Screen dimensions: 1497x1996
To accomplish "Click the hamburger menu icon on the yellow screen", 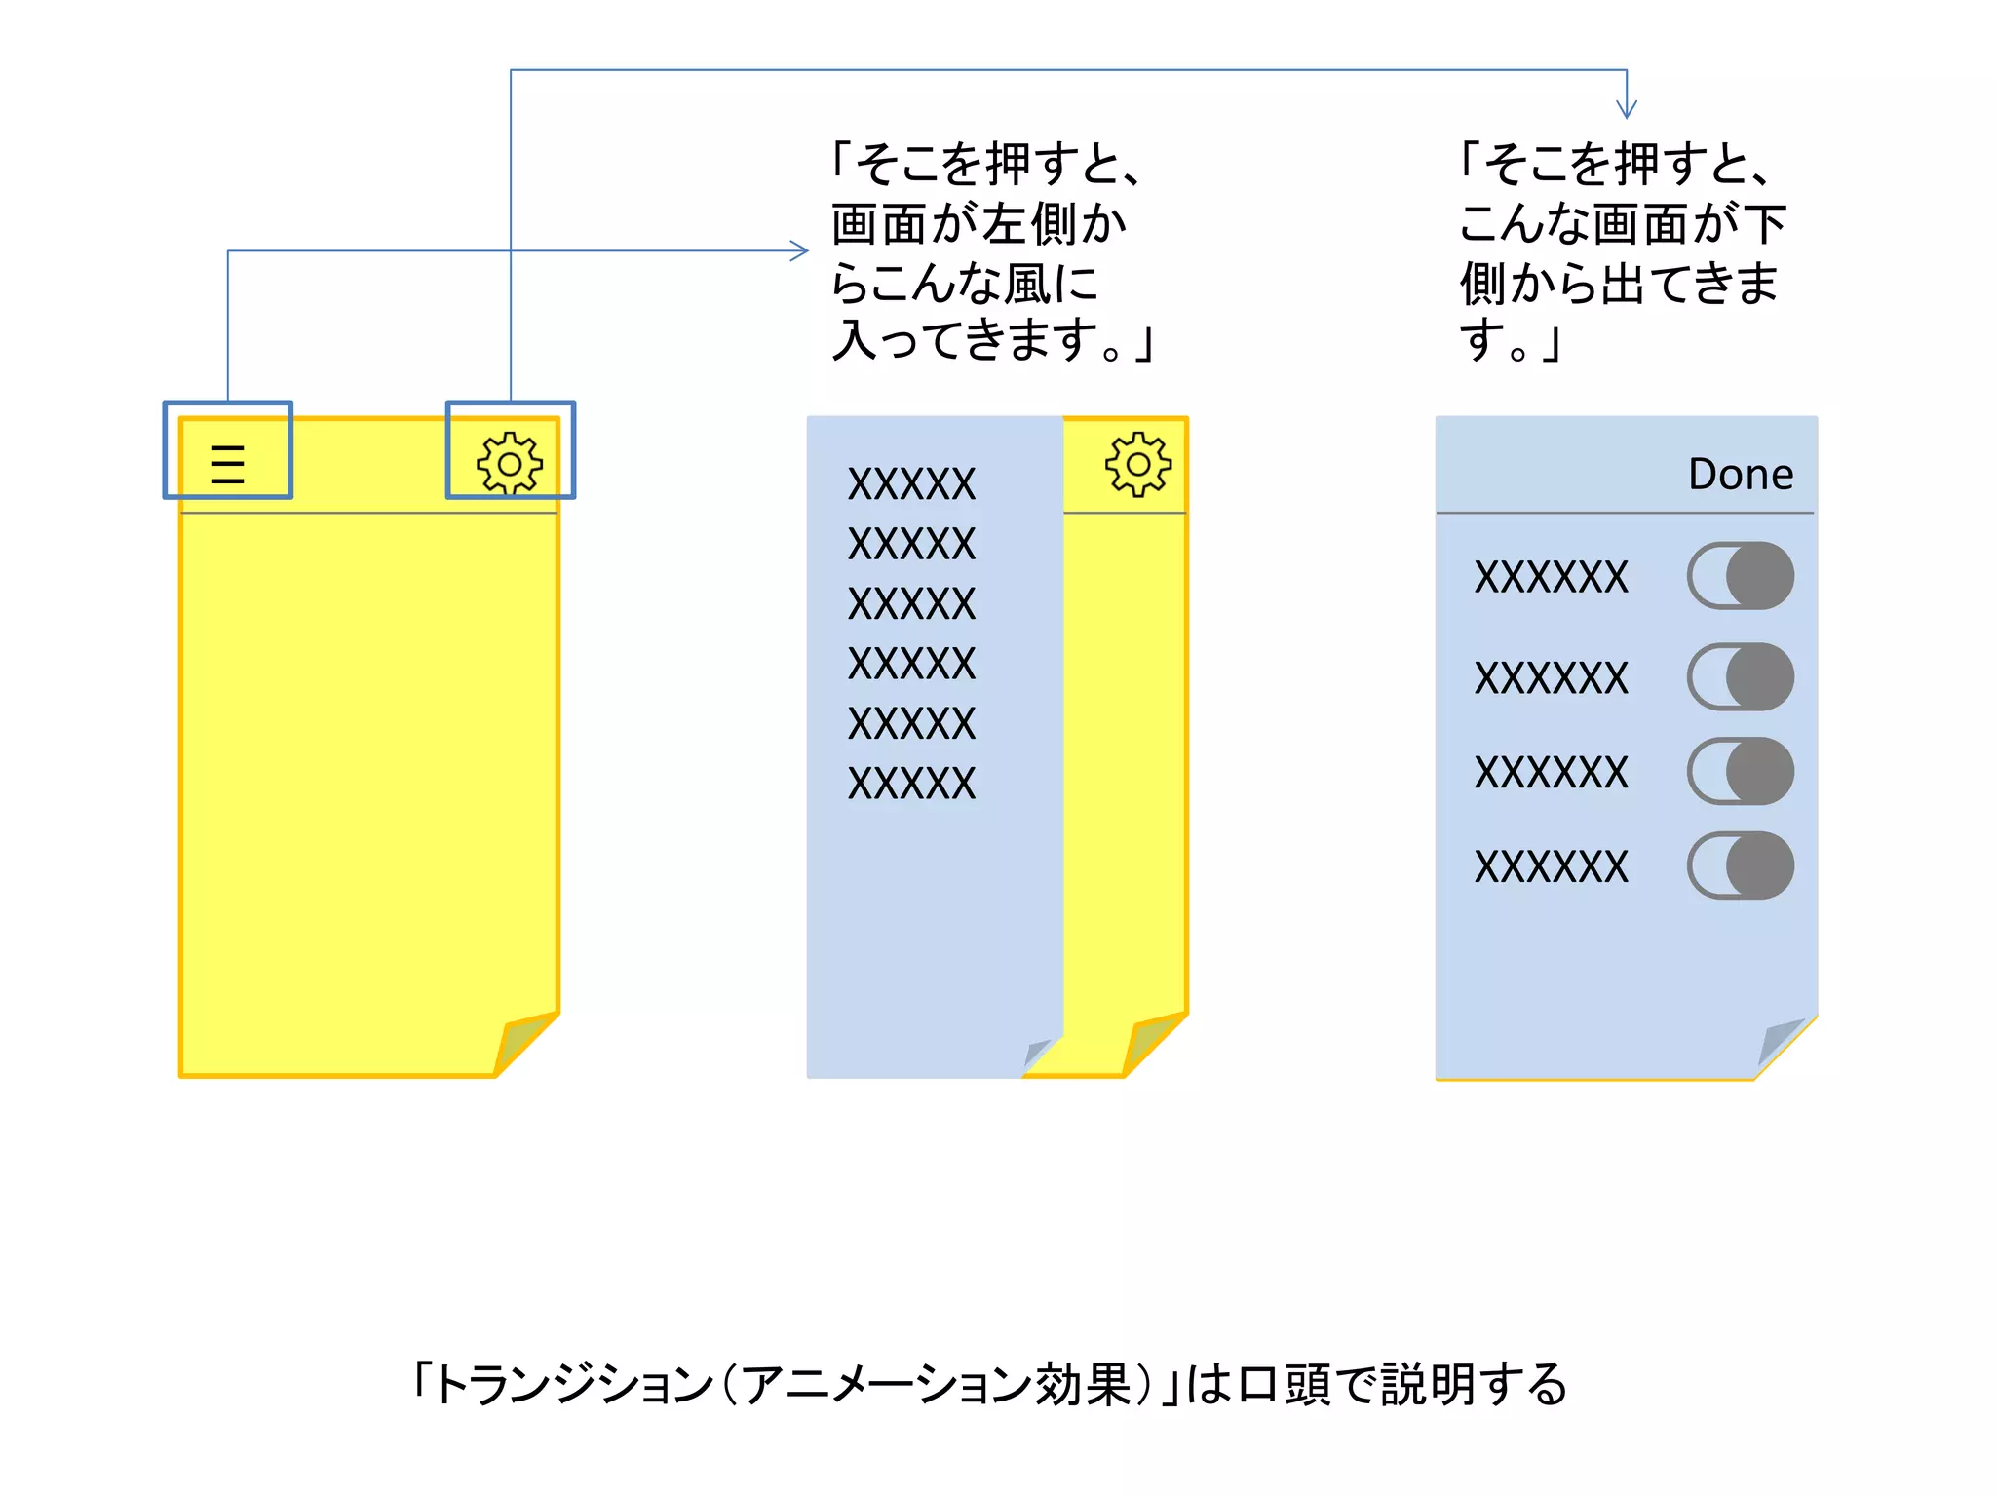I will (228, 464).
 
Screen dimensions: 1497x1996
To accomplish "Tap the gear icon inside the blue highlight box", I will (509, 464).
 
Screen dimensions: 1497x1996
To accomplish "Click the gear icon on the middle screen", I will (1137, 464).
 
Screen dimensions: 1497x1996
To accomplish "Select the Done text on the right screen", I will (1741, 475).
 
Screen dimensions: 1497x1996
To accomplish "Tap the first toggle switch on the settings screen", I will (1741, 576).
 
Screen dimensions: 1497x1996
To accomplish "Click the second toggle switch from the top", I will (1741, 676).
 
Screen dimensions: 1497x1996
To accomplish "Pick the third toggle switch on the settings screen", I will (1741, 771).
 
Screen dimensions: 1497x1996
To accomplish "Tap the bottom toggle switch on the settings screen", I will (1741, 865).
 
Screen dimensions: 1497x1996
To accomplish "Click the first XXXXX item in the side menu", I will (911, 484).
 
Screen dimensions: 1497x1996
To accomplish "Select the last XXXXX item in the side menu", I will (911, 784).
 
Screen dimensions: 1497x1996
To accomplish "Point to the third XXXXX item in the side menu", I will (911, 604).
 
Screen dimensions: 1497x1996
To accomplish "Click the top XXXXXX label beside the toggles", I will (1551, 577).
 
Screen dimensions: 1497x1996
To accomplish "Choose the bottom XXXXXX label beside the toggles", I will (1551, 866).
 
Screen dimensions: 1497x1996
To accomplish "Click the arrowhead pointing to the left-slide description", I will (800, 251).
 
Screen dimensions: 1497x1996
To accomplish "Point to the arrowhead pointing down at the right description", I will (1626, 109).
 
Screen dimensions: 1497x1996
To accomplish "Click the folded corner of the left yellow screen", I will (521, 1042).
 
